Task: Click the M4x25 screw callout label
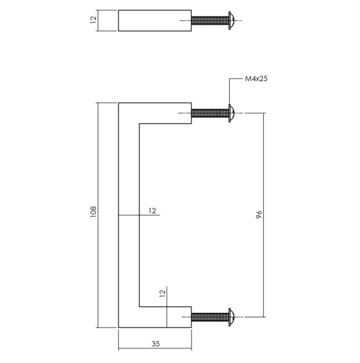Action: [x=256, y=78]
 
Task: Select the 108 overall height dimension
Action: [x=93, y=211]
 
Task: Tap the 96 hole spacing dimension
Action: [x=259, y=214]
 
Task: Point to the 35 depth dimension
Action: [x=155, y=344]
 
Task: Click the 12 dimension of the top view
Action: [x=93, y=20]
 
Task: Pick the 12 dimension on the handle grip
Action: [x=152, y=211]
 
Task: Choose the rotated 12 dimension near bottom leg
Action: [x=162, y=293]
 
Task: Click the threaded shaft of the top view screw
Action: [x=210, y=20]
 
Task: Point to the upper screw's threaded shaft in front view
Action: [x=210, y=113]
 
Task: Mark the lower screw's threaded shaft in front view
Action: [x=210, y=317]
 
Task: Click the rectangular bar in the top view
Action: [x=154, y=20]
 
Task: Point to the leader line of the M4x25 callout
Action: [x=230, y=91]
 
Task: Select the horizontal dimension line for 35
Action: [x=138, y=349]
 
